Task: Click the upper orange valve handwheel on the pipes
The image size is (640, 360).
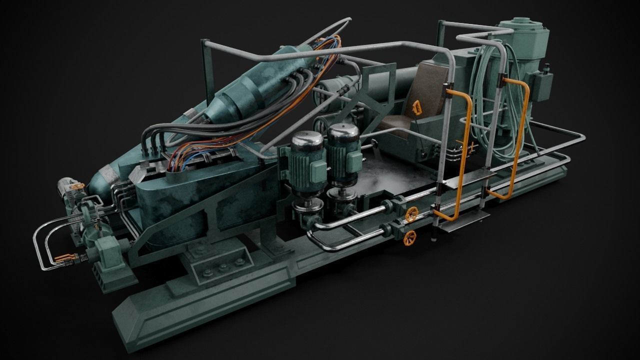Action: click(411, 215)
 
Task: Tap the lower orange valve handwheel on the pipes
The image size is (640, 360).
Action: click(409, 238)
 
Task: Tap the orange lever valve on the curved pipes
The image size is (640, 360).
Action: click(64, 258)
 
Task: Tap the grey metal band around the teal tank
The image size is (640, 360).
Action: click(109, 175)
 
